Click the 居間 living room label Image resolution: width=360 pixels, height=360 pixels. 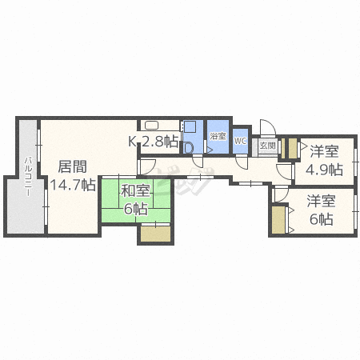(x=73, y=167)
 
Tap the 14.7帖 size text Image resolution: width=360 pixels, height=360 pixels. (x=73, y=185)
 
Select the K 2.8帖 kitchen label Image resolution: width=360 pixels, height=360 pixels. (x=153, y=142)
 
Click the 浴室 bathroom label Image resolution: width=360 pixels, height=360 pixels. (x=218, y=136)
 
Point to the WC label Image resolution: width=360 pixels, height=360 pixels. (x=240, y=141)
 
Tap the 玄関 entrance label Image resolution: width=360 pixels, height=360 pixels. (x=267, y=146)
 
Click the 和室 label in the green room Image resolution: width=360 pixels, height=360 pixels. (x=136, y=190)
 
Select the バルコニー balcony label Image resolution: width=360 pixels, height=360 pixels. (x=28, y=177)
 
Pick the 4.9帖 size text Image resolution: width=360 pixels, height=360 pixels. (x=324, y=170)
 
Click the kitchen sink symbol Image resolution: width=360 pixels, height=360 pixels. (x=151, y=125)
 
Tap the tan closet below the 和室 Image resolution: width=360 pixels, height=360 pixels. (x=156, y=234)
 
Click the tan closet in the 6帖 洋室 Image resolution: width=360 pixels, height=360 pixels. (x=278, y=220)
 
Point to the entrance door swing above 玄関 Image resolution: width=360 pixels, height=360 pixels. (x=268, y=128)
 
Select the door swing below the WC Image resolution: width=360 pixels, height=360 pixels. (x=242, y=162)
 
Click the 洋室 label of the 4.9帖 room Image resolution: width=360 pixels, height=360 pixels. (x=324, y=151)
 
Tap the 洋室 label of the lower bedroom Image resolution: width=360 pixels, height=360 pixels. (x=321, y=201)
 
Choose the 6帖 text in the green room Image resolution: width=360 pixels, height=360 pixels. (x=136, y=209)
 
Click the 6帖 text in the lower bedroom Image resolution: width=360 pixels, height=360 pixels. (x=321, y=219)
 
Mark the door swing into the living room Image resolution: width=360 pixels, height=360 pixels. (x=146, y=167)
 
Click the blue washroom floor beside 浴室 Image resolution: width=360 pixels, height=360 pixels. (x=193, y=137)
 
